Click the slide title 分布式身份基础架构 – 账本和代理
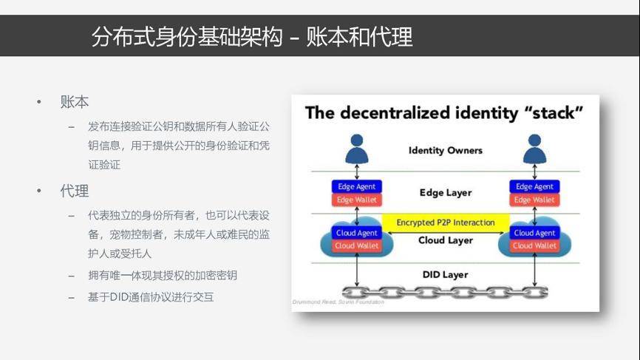[251, 36]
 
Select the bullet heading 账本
[75, 102]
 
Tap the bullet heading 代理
[75, 191]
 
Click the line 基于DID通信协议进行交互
[151, 297]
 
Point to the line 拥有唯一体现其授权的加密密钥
[163, 275]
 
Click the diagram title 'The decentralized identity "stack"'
[444, 113]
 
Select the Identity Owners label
[445, 150]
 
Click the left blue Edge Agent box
[357, 186]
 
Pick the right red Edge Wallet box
[534, 200]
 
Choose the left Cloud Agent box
[357, 233]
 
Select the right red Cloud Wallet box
[534, 245]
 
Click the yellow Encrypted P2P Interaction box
[445, 223]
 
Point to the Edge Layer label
[445, 192]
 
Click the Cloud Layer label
[445, 240]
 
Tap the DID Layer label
[445, 274]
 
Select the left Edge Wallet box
[357, 200]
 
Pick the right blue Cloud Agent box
[534, 233]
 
